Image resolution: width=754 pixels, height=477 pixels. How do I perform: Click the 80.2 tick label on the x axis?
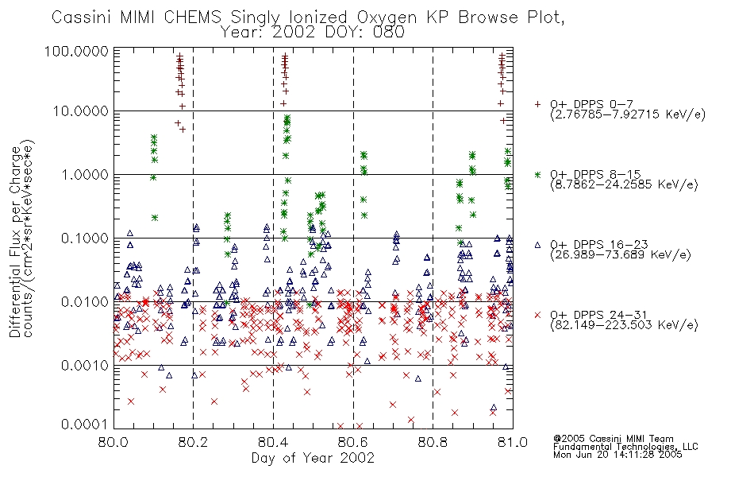[x=194, y=442]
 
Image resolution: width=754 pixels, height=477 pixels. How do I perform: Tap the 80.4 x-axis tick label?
[x=273, y=442]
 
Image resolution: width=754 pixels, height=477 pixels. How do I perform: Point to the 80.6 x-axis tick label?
[x=353, y=442]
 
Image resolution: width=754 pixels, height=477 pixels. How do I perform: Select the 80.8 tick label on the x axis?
[x=433, y=442]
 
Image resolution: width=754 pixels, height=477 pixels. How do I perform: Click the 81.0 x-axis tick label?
[x=513, y=442]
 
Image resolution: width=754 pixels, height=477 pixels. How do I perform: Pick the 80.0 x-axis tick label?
[x=113, y=442]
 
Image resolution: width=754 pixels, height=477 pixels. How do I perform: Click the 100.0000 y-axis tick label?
[x=76, y=51]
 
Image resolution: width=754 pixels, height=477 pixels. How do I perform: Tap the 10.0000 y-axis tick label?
[x=80, y=111]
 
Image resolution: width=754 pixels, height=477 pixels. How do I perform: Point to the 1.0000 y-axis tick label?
[x=84, y=175]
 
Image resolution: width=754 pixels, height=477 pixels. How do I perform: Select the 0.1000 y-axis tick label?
[x=84, y=238]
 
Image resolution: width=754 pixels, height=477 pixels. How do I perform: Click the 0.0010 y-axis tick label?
[x=84, y=366]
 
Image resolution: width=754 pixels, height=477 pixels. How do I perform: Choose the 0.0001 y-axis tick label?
[x=84, y=424]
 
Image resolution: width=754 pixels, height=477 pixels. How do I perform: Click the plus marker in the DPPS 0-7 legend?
[x=537, y=104]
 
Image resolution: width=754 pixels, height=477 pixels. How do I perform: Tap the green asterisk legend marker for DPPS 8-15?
[x=537, y=174]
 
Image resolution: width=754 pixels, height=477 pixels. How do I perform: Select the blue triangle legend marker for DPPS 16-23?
[x=537, y=245]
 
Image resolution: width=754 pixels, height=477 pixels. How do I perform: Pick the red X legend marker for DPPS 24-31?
[x=537, y=315]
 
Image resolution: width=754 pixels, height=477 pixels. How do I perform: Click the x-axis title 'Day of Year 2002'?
[x=313, y=458]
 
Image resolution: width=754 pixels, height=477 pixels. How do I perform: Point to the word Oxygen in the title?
[x=387, y=18]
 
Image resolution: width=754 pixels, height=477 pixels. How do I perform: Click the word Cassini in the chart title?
[x=82, y=17]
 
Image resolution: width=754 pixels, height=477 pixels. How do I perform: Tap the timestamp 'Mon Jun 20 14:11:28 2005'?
[x=617, y=455]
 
